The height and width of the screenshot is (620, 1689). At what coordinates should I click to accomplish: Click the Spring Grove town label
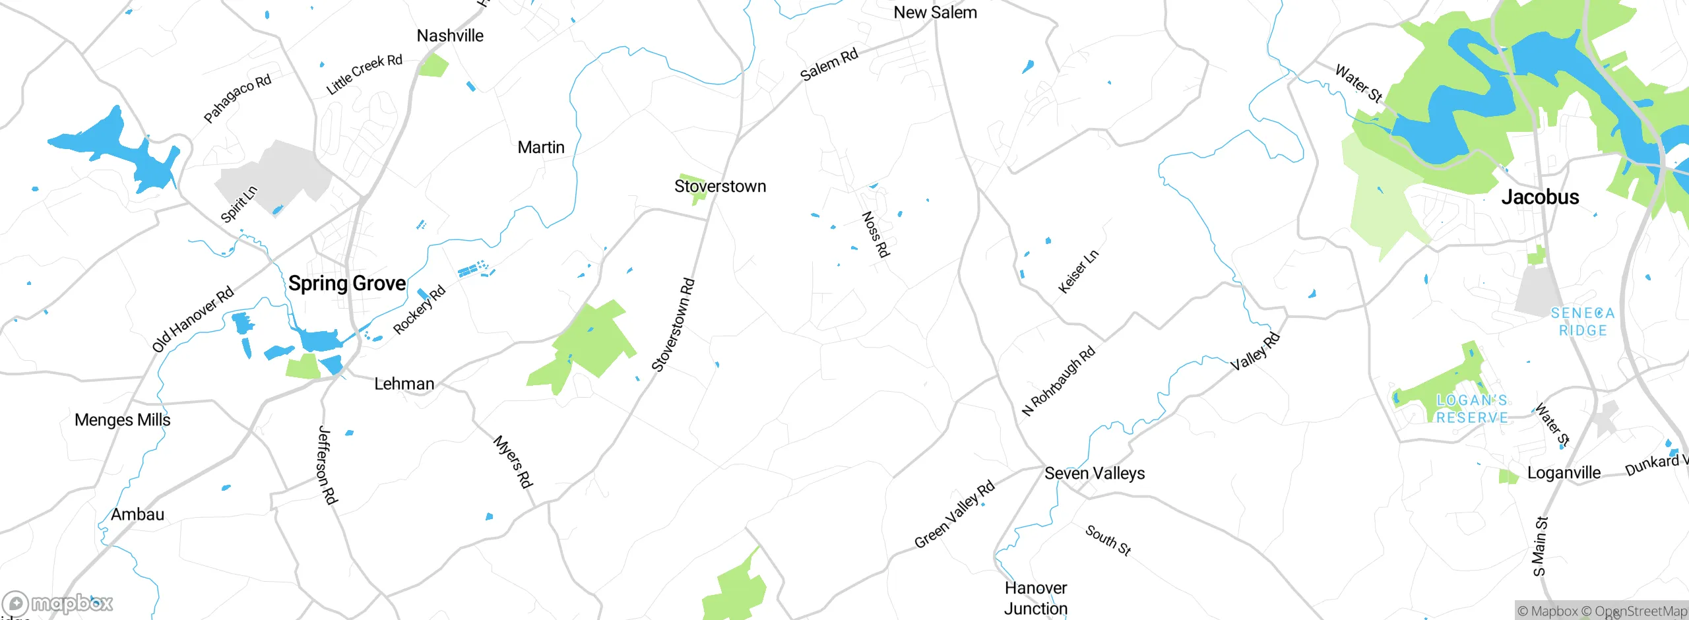click(347, 284)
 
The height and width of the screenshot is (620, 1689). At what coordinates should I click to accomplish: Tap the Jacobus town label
click(1540, 197)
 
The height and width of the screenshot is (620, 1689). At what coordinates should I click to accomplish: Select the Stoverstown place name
click(720, 187)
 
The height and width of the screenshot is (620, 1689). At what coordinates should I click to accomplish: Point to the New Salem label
click(935, 13)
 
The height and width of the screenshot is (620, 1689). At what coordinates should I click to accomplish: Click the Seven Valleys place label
click(1095, 474)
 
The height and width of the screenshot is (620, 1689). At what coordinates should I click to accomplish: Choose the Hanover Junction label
click(1036, 598)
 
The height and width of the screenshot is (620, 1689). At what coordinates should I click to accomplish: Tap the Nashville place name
click(450, 36)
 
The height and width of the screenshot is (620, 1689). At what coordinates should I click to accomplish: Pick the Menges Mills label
click(122, 420)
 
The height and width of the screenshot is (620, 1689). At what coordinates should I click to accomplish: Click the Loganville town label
click(1564, 473)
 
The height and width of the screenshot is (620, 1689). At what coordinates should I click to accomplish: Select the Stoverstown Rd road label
click(673, 325)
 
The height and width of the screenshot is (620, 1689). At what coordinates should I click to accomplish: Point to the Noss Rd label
click(876, 234)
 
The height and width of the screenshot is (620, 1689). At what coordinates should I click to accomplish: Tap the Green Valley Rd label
click(954, 514)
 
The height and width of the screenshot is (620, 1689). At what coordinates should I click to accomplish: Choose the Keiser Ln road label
click(1078, 272)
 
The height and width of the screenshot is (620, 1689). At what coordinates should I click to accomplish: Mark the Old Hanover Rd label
click(193, 319)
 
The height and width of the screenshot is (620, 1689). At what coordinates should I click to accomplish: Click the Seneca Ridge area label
click(1582, 322)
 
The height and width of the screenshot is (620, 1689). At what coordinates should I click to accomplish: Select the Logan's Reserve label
click(1472, 409)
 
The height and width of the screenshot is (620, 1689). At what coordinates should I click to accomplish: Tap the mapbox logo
click(58, 604)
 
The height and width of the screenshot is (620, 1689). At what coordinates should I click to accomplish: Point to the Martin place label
click(541, 147)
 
